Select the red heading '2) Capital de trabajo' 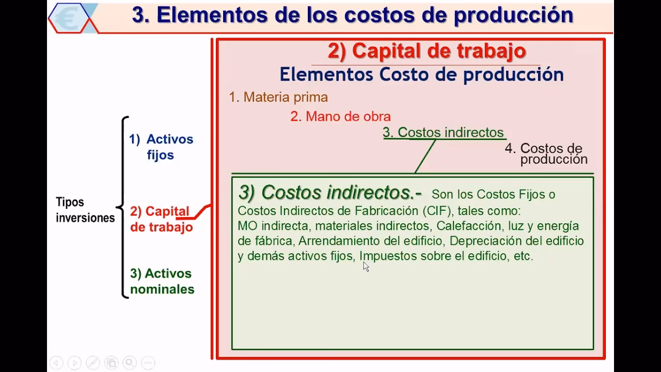point(427,51)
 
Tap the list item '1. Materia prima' point(278,97)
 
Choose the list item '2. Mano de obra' point(340,116)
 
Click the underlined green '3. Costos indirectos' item point(443,132)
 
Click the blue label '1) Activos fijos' point(161,147)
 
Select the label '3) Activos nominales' point(162,281)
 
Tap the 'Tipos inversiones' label point(85,210)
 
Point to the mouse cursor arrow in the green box point(366,266)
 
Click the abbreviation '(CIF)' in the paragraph point(437,211)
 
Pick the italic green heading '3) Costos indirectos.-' point(329,193)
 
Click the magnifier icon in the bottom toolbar point(129,363)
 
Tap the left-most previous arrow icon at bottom point(56,363)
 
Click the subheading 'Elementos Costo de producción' point(421,74)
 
